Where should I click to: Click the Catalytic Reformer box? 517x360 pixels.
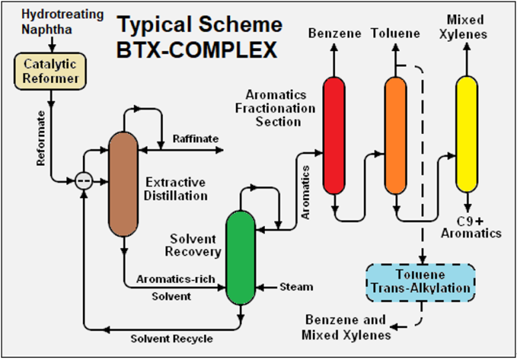click(x=50, y=72)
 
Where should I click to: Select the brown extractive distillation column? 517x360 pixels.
click(x=124, y=184)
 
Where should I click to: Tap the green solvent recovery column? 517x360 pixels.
click(x=241, y=258)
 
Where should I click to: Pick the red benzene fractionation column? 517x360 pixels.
click(x=334, y=135)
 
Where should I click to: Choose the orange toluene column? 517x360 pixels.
click(x=396, y=135)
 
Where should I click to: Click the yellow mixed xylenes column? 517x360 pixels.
click(x=467, y=134)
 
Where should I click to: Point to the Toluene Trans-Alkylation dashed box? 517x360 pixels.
click(x=421, y=283)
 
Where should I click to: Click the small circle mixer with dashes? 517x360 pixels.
click(x=84, y=181)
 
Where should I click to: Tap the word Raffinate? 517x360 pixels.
click(x=195, y=139)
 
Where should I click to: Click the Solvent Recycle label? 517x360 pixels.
click(x=171, y=339)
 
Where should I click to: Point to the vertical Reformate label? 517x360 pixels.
click(x=41, y=139)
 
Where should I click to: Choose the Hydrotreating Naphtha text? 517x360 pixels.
click(x=62, y=21)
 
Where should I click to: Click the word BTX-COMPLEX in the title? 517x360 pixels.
click(x=197, y=50)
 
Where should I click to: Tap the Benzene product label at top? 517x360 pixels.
click(x=335, y=33)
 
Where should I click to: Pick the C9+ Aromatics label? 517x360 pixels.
click(x=471, y=228)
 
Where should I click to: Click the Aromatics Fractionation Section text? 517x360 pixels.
click(x=275, y=108)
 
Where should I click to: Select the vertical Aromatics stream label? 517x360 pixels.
click(x=306, y=192)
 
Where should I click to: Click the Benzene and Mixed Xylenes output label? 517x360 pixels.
click(x=346, y=327)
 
